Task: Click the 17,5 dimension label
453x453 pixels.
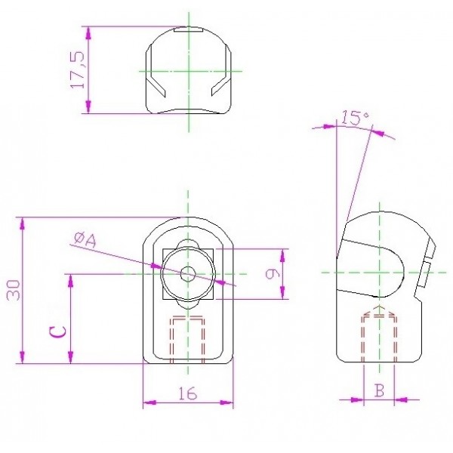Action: (78, 69)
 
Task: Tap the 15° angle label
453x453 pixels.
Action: (355, 118)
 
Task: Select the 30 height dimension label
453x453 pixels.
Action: (14, 290)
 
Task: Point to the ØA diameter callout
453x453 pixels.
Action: (85, 241)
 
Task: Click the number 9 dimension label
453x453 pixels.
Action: (273, 273)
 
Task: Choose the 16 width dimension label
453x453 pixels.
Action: (188, 393)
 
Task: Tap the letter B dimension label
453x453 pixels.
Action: (379, 390)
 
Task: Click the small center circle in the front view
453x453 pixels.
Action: (188, 273)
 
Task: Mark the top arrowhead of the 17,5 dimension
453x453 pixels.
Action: (88, 32)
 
